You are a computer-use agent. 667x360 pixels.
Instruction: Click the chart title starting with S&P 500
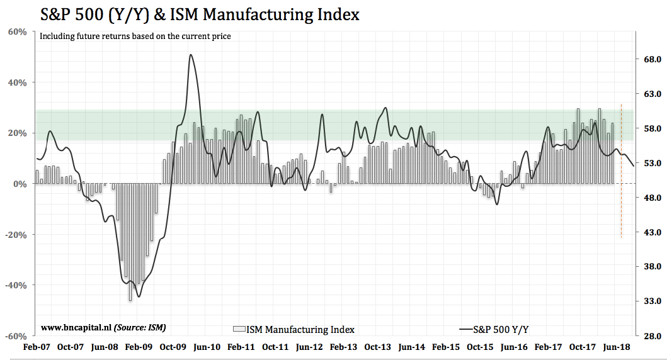pyautogui.click(x=200, y=14)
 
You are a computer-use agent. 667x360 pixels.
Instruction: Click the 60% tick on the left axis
pyautogui.click(x=17, y=31)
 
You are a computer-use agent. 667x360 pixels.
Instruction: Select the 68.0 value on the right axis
pyautogui.click(x=649, y=59)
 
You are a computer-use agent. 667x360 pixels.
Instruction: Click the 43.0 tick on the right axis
pyautogui.click(x=649, y=232)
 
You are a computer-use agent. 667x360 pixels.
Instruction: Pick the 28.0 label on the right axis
pyautogui.click(x=649, y=336)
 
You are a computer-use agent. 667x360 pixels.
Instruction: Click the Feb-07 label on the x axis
pyautogui.click(x=36, y=347)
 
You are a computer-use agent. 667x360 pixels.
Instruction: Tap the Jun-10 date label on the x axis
pyautogui.click(x=207, y=347)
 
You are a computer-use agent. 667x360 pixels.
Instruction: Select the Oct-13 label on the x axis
pyautogui.click(x=377, y=347)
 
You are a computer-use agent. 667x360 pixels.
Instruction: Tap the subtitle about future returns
pyautogui.click(x=135, y=37)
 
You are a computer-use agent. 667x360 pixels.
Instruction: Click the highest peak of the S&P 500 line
pyautogui.click(x=190, y=55)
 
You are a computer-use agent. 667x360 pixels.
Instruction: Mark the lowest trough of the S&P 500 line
pyautogui.click(x=139, y=296)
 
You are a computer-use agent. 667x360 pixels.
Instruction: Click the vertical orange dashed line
pyautogui.click(x=622, y=170)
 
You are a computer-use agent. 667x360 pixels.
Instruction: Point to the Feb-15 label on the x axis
pyautogui.click(x=446, y=347)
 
